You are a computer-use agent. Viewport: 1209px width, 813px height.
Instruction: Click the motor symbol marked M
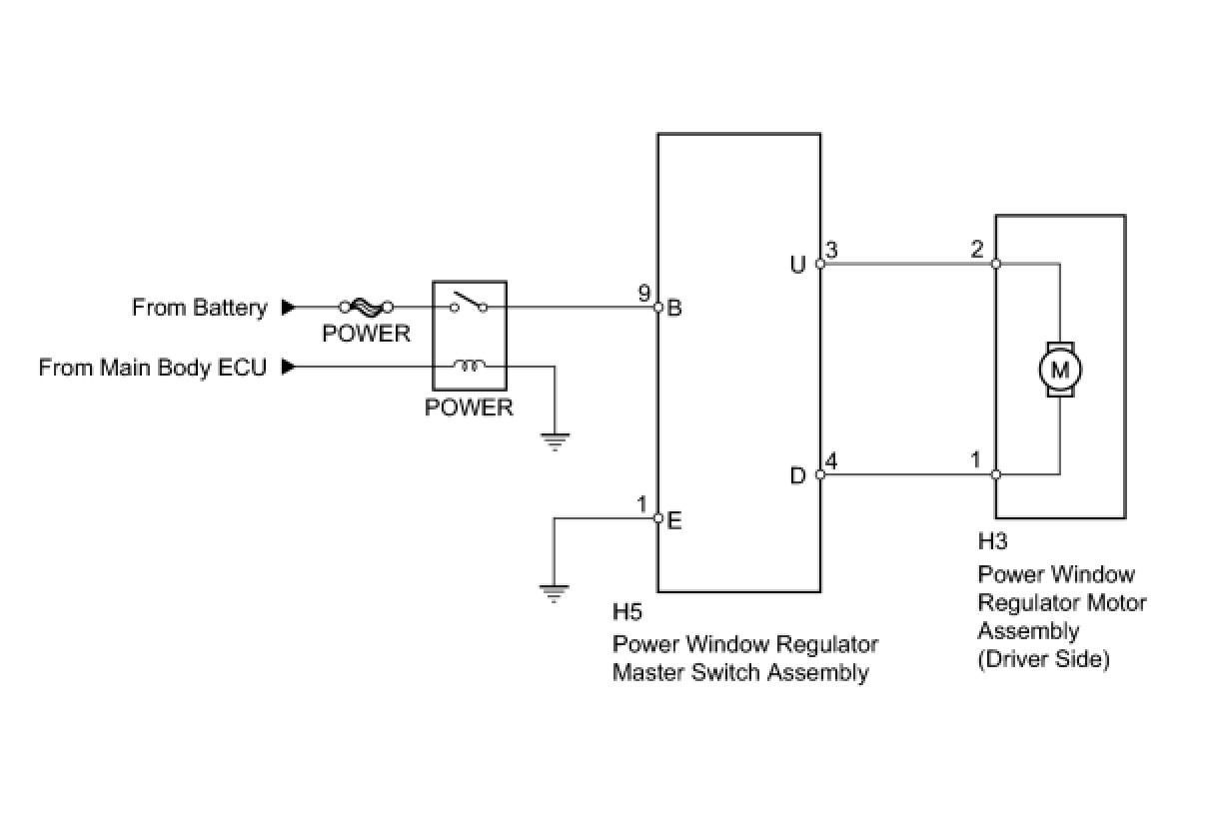[x=1060, y=370]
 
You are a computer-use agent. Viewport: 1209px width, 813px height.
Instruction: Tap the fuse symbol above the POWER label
[x=366, y=308]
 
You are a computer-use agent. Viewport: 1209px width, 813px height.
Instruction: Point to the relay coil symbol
[x=469, y=366]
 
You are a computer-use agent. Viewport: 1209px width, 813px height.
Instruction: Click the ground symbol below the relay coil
[x=555, y=441]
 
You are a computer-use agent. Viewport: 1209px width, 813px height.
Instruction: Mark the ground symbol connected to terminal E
[x=554, y=593]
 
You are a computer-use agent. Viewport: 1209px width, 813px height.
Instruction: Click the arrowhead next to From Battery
[x=289, y=308]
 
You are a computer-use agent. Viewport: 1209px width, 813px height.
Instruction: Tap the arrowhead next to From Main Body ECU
[x=289, y=367]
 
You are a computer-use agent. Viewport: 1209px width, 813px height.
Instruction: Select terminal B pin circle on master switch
[x=657, y=308]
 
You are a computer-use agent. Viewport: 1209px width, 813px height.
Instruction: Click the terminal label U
[x=797, y=265]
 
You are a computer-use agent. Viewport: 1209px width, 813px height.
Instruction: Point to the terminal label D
[x=797, y=475]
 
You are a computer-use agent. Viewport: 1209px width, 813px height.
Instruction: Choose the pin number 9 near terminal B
[x=643, y=293]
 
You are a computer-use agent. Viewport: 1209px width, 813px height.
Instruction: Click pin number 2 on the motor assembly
[x=977, y=249]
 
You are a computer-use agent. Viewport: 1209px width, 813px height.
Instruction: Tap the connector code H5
[x=627, y=612]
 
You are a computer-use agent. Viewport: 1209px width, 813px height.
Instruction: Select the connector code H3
[x=992, y=541]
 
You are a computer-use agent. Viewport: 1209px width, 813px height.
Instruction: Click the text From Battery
[x=200, y=308]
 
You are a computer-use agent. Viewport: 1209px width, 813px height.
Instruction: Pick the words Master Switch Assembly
[x=740, y=673]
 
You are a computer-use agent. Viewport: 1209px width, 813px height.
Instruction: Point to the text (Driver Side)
[x=1044, y=659]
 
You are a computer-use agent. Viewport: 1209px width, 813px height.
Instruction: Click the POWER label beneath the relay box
[x=469, y=407]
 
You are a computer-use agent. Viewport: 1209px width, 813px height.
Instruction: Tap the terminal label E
[x=674, y=521]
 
